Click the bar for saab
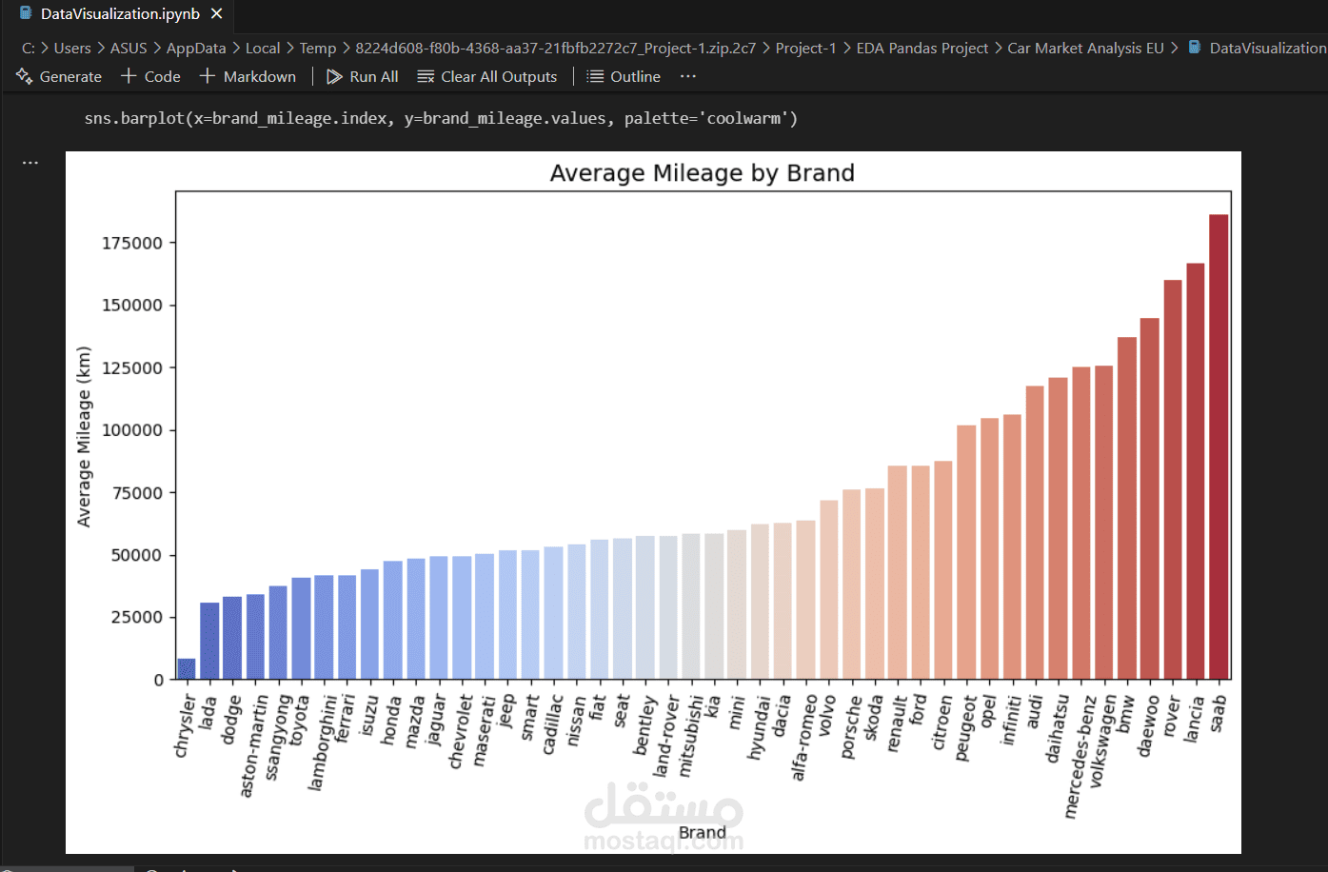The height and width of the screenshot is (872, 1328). click(1219, 447)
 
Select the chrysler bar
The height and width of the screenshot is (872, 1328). click(187, 669)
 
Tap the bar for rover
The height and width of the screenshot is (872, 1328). click(1173, 480)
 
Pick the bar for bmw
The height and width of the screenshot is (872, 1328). click(1127, 508)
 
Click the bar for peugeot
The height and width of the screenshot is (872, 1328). click(966, 552)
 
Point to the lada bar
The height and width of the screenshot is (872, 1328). click(209, 641)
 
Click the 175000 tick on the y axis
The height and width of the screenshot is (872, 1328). click(132, 244)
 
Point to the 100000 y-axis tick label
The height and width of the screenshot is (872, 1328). click(132, 430)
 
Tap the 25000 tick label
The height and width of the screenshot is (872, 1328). click(137, 618)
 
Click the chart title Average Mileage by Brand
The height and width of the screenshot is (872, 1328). click(702, 173)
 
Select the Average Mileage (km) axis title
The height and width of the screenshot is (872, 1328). click(84, 436)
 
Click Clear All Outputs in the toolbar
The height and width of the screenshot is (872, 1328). click(498, 77)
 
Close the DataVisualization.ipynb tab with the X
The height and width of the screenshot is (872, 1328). click(217, 14)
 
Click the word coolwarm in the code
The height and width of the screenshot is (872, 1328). click(745, 119)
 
